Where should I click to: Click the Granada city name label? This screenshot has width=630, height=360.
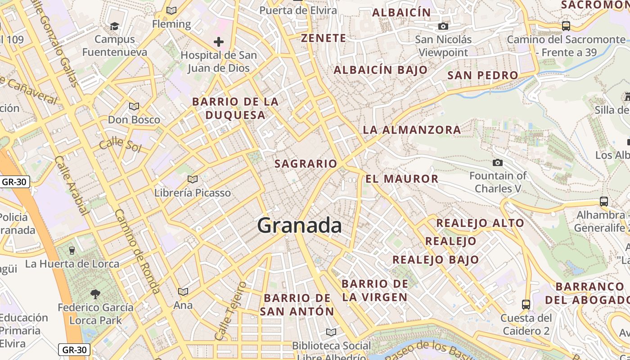[299, 225]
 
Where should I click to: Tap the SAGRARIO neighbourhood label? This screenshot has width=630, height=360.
[306, 164]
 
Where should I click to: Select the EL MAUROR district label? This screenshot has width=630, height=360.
[402, 179]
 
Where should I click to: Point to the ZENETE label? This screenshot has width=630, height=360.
[324, 38]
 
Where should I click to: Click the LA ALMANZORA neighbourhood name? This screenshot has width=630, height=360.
[412, 130]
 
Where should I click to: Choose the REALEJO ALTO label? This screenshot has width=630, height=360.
[480, 223]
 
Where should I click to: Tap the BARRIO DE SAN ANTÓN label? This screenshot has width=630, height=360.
[297, 305]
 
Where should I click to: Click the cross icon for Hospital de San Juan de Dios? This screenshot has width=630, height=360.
[219, 42]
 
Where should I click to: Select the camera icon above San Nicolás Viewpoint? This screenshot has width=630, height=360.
[443, 27]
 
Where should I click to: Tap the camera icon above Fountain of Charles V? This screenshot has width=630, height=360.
[498, 162]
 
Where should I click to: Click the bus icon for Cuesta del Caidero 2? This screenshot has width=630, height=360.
[526, 305]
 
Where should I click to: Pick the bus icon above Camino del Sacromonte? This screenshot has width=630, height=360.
[566, 26]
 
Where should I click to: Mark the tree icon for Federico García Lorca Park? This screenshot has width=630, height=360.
[95, 295]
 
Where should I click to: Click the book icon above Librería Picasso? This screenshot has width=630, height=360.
[193, 179]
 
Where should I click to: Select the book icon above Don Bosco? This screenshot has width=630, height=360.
[134, 107]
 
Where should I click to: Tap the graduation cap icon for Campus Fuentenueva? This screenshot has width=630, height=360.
[115, 26]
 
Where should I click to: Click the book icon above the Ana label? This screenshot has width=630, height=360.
[183, 292]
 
